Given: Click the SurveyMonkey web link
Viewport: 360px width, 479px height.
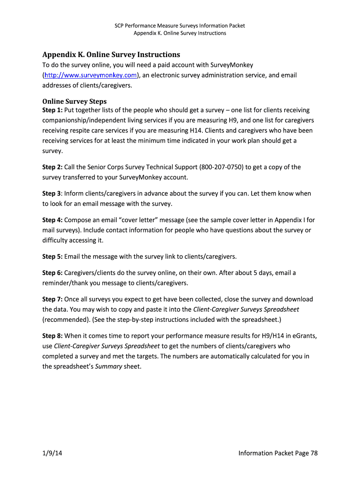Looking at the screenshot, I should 90,75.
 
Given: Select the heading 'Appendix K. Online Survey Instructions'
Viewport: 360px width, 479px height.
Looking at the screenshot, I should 111,55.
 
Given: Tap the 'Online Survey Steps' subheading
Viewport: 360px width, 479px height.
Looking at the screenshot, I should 74,101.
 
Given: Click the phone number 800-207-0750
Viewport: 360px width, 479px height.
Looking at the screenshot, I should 221,167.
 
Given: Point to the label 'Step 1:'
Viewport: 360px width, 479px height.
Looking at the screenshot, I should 52,110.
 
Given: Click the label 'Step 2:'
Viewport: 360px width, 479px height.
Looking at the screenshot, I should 52,167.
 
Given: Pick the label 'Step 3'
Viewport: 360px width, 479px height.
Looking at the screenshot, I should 51,193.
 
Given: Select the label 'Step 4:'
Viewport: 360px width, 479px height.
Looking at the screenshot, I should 52,220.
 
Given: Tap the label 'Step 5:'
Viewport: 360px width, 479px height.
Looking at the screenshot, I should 52,256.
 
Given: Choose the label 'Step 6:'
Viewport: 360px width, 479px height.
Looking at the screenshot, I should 52,273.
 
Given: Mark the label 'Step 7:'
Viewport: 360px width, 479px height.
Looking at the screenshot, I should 52,299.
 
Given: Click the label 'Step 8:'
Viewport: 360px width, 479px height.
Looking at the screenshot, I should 52,335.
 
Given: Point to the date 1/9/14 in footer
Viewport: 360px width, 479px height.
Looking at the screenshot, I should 52,453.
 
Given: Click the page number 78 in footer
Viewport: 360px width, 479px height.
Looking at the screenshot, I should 314,453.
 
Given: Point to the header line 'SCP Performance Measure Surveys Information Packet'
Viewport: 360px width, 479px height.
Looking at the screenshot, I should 180,26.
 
